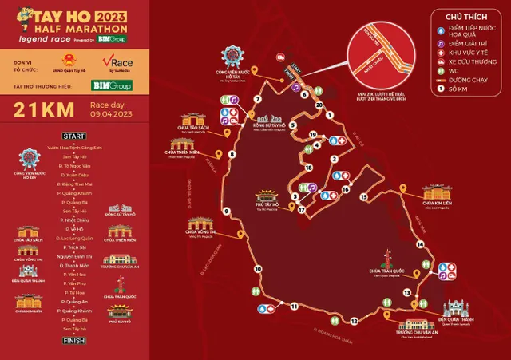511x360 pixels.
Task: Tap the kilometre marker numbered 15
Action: (363, 196)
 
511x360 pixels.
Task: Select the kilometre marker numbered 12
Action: (353, 322)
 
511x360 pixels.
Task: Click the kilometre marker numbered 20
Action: (319, 105)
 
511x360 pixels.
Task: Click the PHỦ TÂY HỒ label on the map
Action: (266, 205)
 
